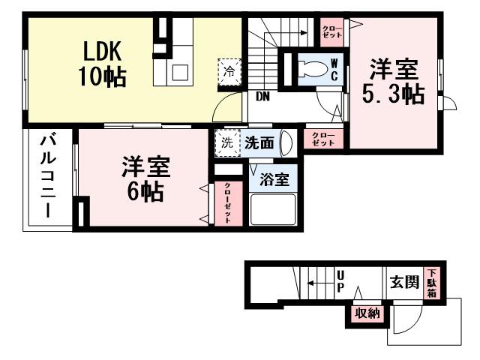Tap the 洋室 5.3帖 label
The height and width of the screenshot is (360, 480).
point(394,82)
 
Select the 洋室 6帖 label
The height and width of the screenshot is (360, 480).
point(146,179)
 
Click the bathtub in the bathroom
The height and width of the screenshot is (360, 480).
point(272,209)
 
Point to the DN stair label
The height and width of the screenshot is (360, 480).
point(262,96)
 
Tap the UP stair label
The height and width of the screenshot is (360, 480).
point(340,282)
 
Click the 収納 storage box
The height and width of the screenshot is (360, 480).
point(367,313)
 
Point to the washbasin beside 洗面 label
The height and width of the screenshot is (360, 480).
point(285,143)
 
